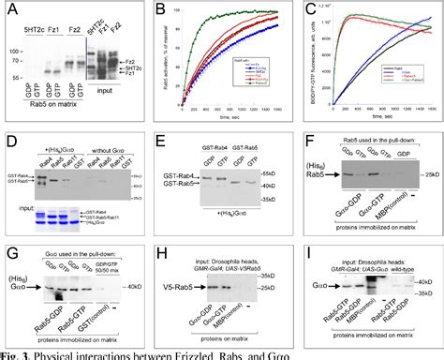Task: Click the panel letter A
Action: pos(9,11)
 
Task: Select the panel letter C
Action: pos(306,11)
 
